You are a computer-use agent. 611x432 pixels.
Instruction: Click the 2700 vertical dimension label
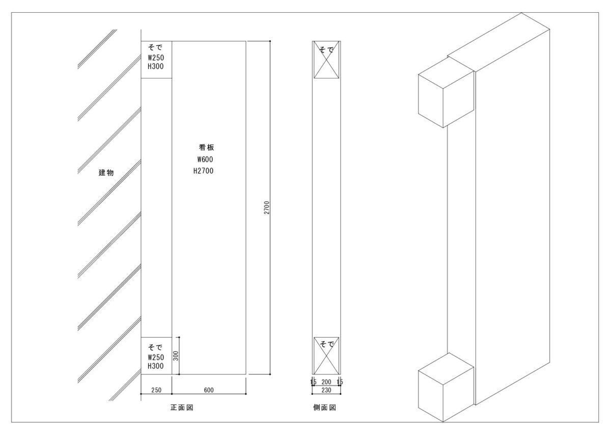pyautogui.click(x=266, y=208)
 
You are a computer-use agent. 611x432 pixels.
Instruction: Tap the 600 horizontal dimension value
pyautogui.click(x=209, y=390)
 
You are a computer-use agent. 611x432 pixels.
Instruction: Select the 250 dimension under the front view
pyautogui.click(x=156, y=390)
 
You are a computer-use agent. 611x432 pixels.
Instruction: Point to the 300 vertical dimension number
pyautogui.click(x=176, y=356)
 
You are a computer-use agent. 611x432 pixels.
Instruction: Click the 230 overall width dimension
pyautogui.click(x=326, y=390)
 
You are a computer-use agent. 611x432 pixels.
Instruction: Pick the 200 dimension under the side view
pyautogui.click(x=326, y=382)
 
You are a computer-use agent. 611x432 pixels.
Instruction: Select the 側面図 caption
pyautogui.click(x=324, y=408)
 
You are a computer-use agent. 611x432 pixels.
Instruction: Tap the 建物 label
pyautogui.click(x=106, y=173)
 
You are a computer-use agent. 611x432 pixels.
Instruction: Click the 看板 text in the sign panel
pyautogui.click(x=206, y=147)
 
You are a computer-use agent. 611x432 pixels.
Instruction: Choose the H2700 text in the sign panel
pyautogui.click(x=203, y=171)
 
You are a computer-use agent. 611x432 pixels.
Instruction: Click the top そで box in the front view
pyautogui.click(x=156, y=60)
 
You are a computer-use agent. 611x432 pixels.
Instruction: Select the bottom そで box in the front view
pyautogui.click(x=156, y=356)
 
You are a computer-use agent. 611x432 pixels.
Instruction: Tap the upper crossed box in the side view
pyautogui.click(x=326, y=60)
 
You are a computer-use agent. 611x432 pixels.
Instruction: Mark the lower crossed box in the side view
pyautogui.click(x=326, y=356)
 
